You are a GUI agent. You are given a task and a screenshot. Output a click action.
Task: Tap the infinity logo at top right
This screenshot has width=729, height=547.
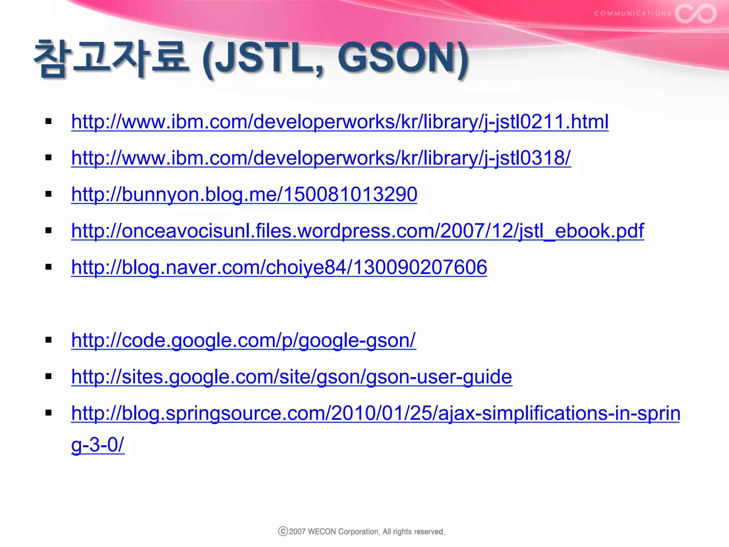coord(696,14)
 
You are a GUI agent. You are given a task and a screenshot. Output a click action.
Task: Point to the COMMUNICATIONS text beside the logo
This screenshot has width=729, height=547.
coord(633,14)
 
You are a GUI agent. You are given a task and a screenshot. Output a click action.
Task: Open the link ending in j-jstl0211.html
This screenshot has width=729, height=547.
coord(340,122)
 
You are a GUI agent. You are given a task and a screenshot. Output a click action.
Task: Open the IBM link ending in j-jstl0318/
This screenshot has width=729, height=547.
coord(321,158)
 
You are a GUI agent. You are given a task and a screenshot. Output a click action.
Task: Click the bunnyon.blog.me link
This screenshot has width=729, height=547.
coord(244,194)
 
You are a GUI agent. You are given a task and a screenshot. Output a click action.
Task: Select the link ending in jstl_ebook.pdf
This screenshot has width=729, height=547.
coord(357,231)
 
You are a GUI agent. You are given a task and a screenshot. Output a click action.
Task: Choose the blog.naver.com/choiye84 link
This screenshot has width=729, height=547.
coord(279,267)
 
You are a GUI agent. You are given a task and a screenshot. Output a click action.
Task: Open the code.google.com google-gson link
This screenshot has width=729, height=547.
coord(243,340)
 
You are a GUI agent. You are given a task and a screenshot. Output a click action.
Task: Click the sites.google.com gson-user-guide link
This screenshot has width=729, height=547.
coord(292,377)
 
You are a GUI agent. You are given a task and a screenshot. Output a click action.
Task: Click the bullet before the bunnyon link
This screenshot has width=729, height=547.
coord(49,194)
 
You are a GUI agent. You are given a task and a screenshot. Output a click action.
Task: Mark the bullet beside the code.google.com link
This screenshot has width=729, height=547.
coord(49,340)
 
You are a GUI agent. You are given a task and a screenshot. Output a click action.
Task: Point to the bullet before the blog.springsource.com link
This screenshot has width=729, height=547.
coord(49,413)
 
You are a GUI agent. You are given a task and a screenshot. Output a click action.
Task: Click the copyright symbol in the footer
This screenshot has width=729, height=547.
coord(283,531)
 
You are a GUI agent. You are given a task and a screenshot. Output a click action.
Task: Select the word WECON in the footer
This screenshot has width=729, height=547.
coord(322,532)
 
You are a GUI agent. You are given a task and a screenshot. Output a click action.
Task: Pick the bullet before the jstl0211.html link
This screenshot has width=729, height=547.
coord(49,121)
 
